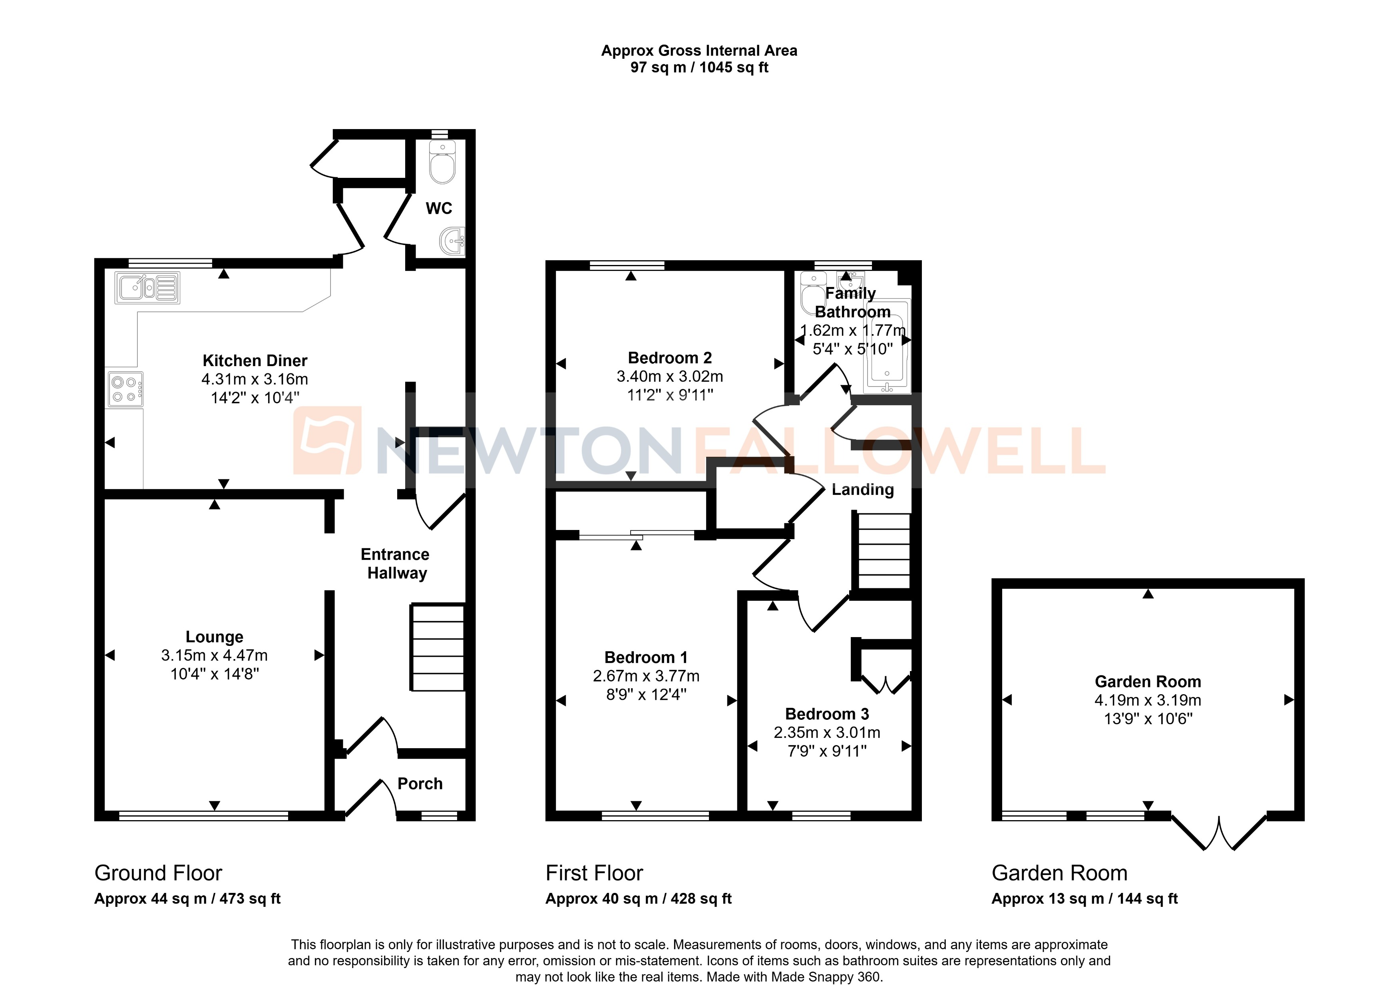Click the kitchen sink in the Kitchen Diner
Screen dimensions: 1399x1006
[147, 288]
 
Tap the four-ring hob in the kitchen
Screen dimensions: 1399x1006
[125, 389]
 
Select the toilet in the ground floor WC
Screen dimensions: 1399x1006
[442, 163]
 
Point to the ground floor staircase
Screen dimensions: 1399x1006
[437, 647]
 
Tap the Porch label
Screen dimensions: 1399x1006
[420, 783]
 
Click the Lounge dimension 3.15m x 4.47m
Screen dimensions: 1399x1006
[214, 655]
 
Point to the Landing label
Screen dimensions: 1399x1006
[862, 489]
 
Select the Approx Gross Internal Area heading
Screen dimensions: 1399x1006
[699, 51]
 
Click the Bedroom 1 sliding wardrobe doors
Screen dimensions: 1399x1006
[637, 534]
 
